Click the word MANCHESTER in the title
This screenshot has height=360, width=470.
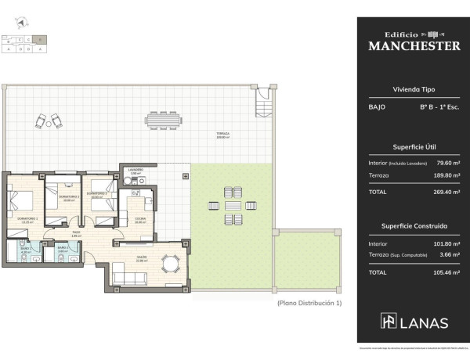pos(414,46)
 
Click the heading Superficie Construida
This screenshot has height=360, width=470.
pos(414,225)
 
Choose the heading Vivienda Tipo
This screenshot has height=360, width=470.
pos(414,89)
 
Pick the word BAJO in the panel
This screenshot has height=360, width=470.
pos(377,106)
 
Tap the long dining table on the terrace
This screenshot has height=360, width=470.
pos(164,121)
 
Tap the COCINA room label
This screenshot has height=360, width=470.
pos(139,220)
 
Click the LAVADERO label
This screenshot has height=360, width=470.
pos(136,170)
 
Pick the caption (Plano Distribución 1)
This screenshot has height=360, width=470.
pos(309,302)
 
